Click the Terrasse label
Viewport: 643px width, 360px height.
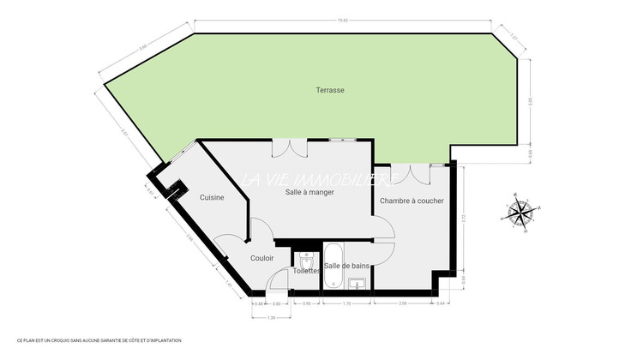(x=330, y=89)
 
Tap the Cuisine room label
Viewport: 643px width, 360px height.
(x=212, y=198)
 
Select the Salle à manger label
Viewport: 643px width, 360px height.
(x=309, y=192)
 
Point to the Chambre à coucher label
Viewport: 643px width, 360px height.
(x=412, y=201)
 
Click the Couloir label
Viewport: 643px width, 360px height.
(x=262, y=257)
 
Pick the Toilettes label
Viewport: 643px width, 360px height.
(x=306, y=271)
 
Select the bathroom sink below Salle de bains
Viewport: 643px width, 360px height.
(x=360, y=282)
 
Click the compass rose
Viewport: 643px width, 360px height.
(x=520, y=212)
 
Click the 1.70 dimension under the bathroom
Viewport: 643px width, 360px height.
(x=346, y=304)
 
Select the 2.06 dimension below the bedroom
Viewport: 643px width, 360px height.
(x=402, y=304)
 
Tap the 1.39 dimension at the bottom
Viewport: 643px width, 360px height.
(x=271, y=318)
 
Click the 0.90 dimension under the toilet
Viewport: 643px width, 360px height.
(x=307, y=304)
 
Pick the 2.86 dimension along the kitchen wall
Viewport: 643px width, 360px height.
(x=189, y=239)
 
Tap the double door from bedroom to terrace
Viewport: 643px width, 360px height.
(x=418, y=171)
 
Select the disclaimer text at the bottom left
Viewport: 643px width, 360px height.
(x=93, y=341)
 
